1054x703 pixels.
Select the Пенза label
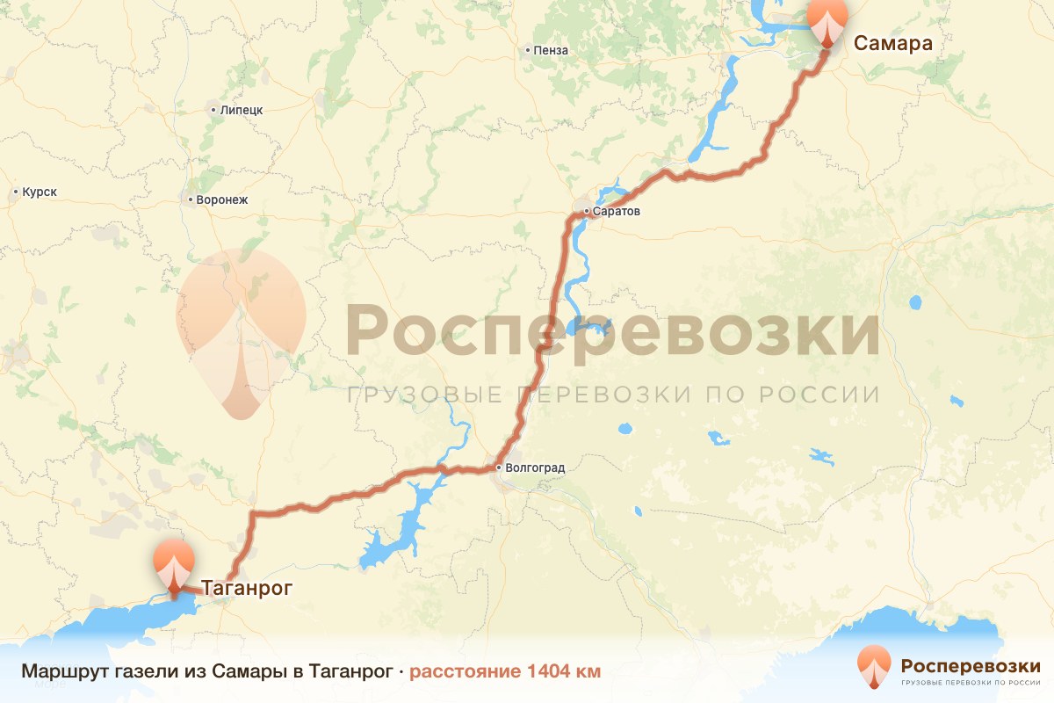(x=551, y=51)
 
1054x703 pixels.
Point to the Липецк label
(x=242, y=111)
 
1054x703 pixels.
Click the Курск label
(x=40, y=192)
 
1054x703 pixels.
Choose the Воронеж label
(x=222, y=199)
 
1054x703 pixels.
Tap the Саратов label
(x=618, y=212)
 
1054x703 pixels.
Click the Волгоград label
(x=535, y=467)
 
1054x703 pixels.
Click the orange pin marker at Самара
(x=827, y=19)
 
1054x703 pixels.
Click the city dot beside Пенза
(x=527, y=51)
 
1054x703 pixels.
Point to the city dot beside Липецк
(x=213, y=111)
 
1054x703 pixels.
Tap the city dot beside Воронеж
(x=191, y=199)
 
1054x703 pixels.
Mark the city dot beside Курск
(x=16, y=192)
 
